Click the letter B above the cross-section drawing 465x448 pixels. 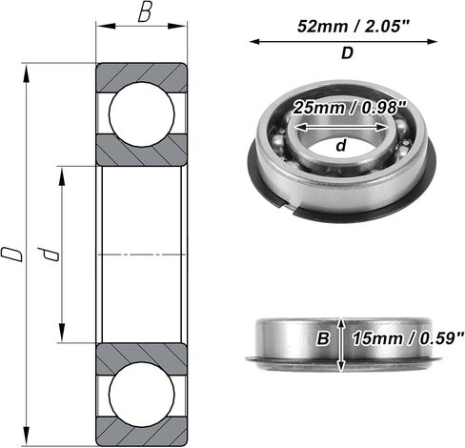pos(145,13)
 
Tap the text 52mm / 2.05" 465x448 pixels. pos(352,26)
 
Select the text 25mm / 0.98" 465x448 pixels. pos(350,108)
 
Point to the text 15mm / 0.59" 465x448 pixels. pos(408,338)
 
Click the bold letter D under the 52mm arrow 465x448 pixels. pos(347,53)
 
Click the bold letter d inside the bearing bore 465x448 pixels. pos(341,146)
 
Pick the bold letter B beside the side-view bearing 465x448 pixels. pos(323,338)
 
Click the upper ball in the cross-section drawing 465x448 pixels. pos(142,113)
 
